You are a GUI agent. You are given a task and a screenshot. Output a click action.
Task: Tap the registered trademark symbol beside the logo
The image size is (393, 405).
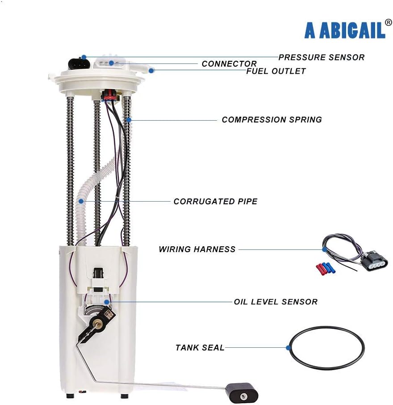[389, 23]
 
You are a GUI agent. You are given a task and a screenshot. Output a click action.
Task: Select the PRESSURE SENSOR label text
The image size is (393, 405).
[321, 57]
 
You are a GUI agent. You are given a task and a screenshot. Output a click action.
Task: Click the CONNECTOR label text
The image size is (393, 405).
[229, 63]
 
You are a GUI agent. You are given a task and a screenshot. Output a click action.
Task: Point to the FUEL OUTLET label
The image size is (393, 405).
[276, 71]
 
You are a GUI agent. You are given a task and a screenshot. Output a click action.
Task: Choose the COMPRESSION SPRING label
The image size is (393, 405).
[272, 120]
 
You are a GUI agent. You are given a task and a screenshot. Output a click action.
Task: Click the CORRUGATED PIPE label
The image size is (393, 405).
[215, 202]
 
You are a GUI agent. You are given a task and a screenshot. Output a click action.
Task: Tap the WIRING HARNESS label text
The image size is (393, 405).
[197, 249]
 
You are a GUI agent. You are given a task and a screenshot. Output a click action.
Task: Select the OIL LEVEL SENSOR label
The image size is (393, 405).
[276, 302]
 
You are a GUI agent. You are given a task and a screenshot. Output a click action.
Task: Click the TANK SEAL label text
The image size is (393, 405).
[200, 348]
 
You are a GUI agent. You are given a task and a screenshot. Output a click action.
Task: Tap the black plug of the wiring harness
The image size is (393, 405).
[374, 261]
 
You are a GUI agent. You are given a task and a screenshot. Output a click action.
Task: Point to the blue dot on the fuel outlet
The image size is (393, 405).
[151, 71]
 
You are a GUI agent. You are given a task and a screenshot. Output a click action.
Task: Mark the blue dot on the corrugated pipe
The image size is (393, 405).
[81, 201]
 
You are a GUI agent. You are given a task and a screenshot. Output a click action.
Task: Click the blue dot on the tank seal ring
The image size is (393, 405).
[288, 348]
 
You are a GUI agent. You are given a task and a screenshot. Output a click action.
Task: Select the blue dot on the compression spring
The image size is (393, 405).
[129, 120]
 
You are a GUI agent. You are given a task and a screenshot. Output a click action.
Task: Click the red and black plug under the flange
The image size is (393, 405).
[110, 95]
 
